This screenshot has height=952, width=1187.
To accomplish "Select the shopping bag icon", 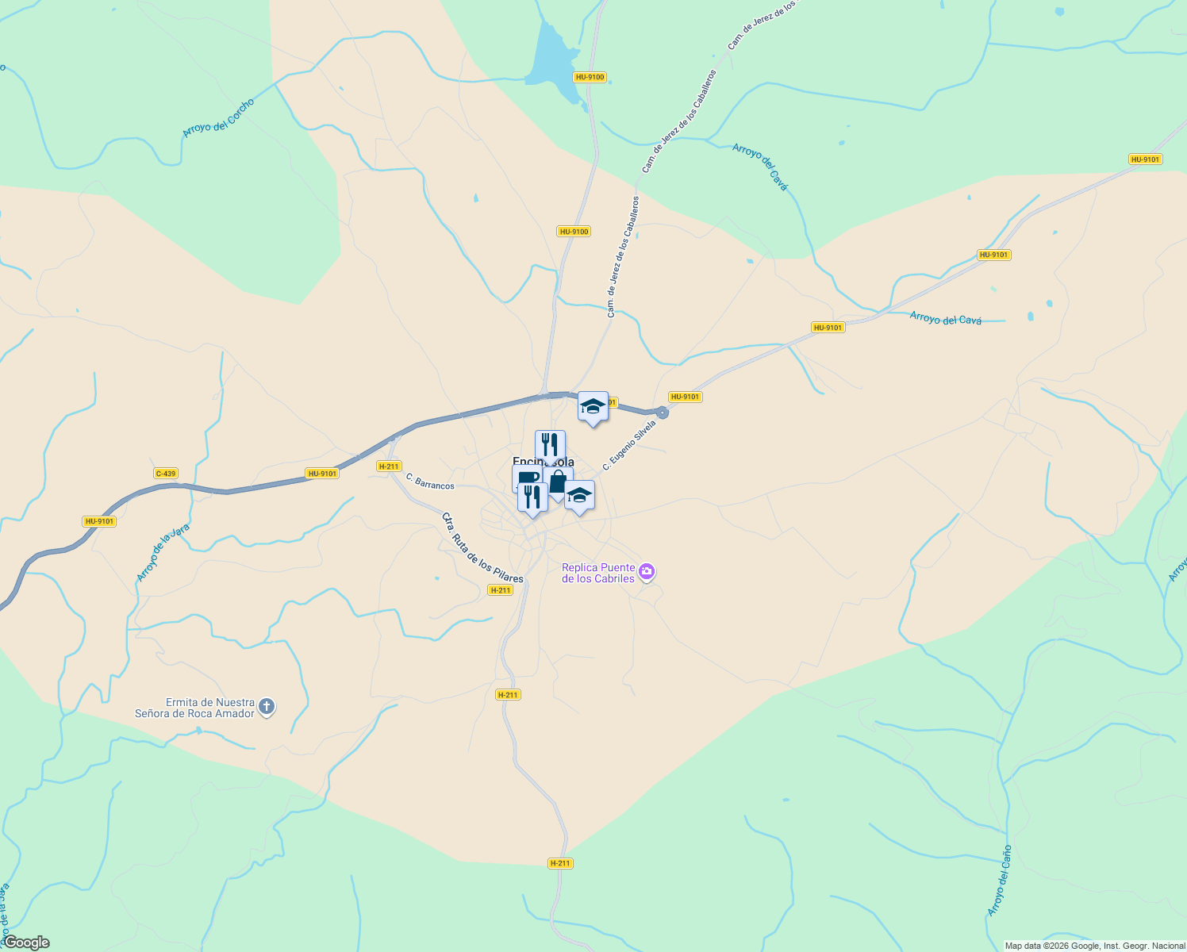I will (559, 481).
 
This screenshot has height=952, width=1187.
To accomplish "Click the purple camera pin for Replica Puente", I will (647, 571).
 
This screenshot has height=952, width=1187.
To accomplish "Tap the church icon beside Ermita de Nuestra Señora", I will (267, 706).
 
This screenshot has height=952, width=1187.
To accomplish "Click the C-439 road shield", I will (165, 474).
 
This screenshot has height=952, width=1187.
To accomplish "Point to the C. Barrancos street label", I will (430, 481).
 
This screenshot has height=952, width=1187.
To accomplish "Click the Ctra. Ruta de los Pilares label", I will (482, 548).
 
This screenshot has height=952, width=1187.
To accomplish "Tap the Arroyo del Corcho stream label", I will (218, 118).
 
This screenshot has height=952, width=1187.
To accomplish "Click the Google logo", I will (26, 942).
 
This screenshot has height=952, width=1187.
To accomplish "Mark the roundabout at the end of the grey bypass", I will (662, 413).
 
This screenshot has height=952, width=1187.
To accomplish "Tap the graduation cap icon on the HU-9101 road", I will (593, 406).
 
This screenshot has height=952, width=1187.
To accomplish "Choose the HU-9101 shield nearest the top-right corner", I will (1145, 159).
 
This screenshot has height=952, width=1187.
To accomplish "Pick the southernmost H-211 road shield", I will (560, 863).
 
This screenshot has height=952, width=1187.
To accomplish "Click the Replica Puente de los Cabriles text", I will (598, 573).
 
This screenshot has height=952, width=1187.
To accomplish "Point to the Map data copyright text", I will (1095, 946).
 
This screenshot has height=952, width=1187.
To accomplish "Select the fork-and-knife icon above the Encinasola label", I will (550, 445).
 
